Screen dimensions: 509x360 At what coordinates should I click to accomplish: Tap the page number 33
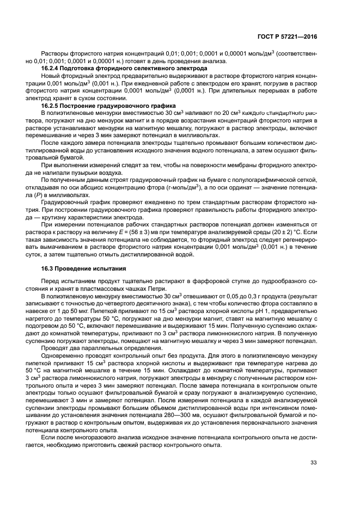point(313,463)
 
